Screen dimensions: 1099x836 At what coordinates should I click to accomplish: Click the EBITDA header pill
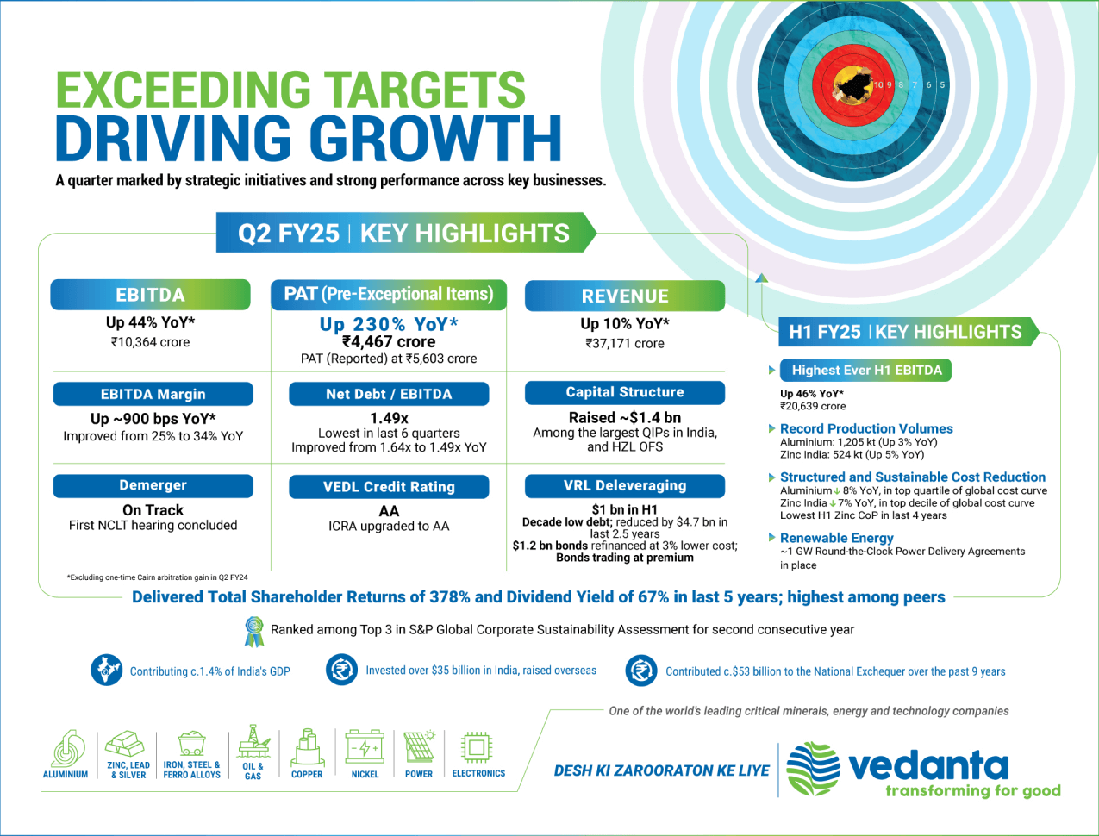pyautogui.click(x=150, y=295)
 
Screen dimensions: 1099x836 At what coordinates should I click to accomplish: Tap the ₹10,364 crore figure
pyautogui.click(x=150, y=342)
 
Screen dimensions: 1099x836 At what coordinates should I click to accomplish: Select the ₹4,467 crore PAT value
pyautogui.click(x=389, y=342)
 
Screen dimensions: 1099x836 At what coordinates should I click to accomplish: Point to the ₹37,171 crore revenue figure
pyautogui.click(x=625, y=343)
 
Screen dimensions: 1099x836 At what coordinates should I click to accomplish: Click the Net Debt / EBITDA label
pyautogui.click(x=389, y=394)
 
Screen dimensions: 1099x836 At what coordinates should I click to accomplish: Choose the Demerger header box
pyautogui.click(x=153, y=485)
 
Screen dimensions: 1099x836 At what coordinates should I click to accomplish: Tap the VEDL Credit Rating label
pyautogui.click(x=389, y=487)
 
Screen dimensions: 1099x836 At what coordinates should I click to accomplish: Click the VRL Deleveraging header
pyautogui.click(x=625, y=485)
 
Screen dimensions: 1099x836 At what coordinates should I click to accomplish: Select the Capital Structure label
pyautogui.click(x=625, y=392)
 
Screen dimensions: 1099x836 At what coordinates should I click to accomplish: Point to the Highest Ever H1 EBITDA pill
pyautogui.click(x=865, y=371)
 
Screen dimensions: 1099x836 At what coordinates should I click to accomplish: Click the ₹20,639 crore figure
pyautogui.click(x=813, y=406)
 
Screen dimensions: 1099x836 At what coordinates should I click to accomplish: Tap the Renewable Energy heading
pyautogui.click(x=837, y=538)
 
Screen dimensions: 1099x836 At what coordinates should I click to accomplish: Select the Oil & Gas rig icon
pyautogui.click(x=253, y=741)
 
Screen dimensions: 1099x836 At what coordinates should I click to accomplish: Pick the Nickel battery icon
pyautogui.click(x=365, y=746)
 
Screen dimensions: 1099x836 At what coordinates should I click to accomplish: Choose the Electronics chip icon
pyautogui.click(x=477, y=748)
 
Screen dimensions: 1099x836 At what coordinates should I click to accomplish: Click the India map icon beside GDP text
pyautogui.click(x=107, y=670)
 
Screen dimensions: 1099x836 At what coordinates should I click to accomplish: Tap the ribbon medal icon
pyautogui.click(x=254, y=631)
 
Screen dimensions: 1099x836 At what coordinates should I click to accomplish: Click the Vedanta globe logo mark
pyautogui.click(x=813, y=769)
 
